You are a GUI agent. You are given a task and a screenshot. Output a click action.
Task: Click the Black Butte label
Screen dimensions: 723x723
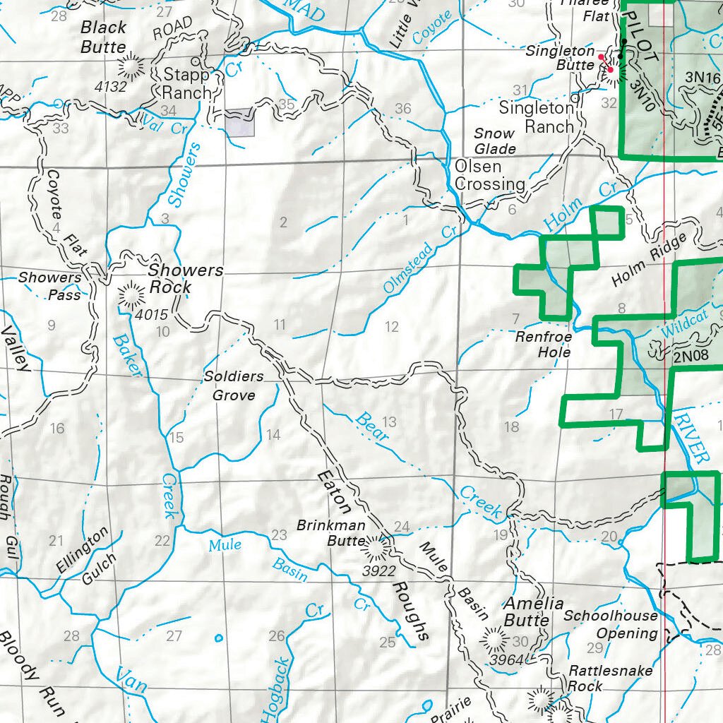(x=104, y=37)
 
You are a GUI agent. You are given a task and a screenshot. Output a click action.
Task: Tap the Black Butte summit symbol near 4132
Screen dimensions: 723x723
(x=131, y=68)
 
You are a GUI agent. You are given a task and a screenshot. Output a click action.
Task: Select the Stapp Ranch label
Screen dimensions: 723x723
(x=186, y=83)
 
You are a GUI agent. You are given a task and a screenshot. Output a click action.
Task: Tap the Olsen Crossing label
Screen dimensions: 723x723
(x=489, y=176)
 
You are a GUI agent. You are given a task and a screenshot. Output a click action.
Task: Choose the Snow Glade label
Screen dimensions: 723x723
(x=494, y=141)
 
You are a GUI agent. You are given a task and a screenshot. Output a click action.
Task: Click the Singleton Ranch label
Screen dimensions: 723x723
(x=537, y=117)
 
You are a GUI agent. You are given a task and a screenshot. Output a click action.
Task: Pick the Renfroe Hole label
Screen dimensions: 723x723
(x=543, y=345)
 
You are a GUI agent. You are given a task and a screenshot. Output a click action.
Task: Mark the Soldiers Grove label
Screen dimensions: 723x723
(x=234, y=386)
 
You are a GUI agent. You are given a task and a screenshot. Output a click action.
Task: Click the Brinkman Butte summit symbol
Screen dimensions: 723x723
(x=374, y=546)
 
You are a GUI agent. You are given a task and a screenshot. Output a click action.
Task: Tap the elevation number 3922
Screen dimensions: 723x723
(x=378, y=571)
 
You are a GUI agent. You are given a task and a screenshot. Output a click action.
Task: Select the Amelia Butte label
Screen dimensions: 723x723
(x=533, y=611)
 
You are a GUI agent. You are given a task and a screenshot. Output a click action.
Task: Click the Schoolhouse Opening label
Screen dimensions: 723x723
(x=610, y=624)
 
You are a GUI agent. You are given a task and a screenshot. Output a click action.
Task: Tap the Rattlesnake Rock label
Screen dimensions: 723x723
(x=611, y=678)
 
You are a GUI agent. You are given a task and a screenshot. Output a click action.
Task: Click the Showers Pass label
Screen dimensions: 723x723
(x=49, y=286)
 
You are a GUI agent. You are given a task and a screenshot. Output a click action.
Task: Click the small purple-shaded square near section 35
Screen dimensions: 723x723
(x=239, y=122)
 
